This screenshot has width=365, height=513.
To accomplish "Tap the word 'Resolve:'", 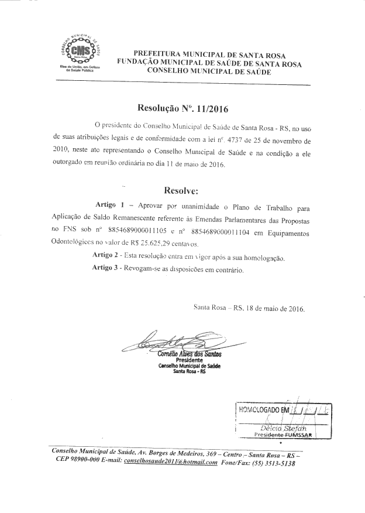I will (x=182, y=191).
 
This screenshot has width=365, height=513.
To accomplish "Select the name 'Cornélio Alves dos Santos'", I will (x=186, y=354).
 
